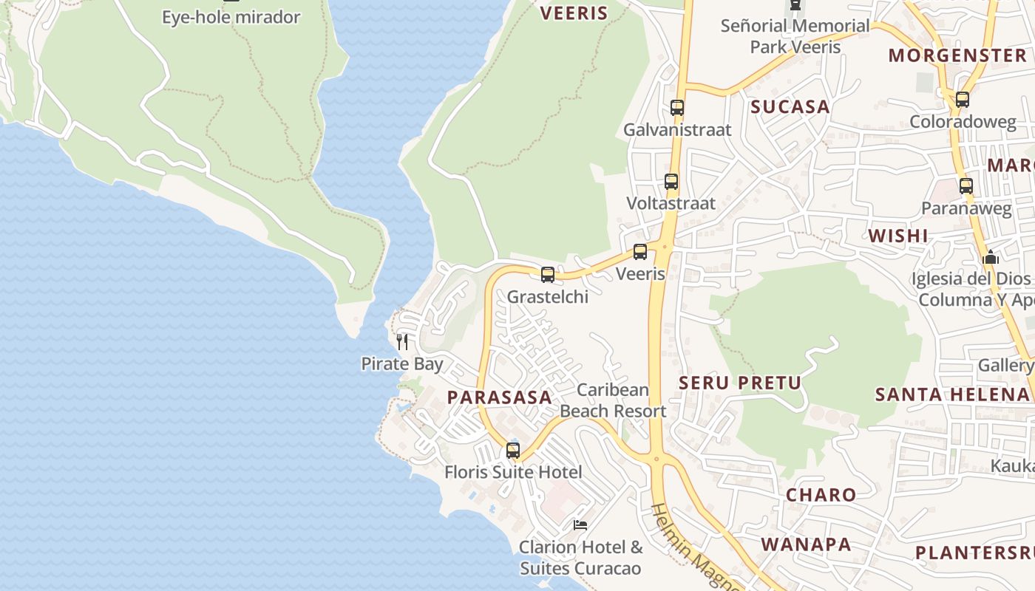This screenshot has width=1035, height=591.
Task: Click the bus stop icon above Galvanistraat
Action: point(676,108)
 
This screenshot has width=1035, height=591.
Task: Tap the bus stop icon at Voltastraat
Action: point(671,182)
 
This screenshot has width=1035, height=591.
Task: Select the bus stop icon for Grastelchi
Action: point(547,275)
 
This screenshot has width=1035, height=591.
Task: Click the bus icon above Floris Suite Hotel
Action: point(512,450)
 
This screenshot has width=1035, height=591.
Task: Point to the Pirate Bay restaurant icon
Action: point(402,341)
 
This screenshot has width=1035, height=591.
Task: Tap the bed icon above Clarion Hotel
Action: point(580,525)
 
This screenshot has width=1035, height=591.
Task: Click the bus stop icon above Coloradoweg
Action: point(962,100)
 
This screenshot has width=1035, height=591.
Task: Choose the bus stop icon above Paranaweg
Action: point(966,186)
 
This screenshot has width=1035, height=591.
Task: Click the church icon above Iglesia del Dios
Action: point(990,258)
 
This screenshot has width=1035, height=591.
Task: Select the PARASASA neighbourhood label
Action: point(500,397)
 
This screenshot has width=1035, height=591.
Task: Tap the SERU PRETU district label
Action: point(740,383)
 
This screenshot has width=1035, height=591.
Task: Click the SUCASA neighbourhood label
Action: point(790,107)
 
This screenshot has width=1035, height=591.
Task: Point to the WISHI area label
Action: point(897,236)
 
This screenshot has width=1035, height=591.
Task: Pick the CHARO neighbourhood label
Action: point(821,495)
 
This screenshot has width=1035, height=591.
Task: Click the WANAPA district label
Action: point(806,545)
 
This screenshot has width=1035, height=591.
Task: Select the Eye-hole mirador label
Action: point(231,18)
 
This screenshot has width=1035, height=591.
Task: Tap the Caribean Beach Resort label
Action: point(613,400)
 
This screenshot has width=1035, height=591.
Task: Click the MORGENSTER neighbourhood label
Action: point(957,55)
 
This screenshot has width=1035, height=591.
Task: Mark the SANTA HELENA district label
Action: point(954,394)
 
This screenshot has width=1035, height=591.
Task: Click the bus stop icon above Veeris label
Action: point(640,252)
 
